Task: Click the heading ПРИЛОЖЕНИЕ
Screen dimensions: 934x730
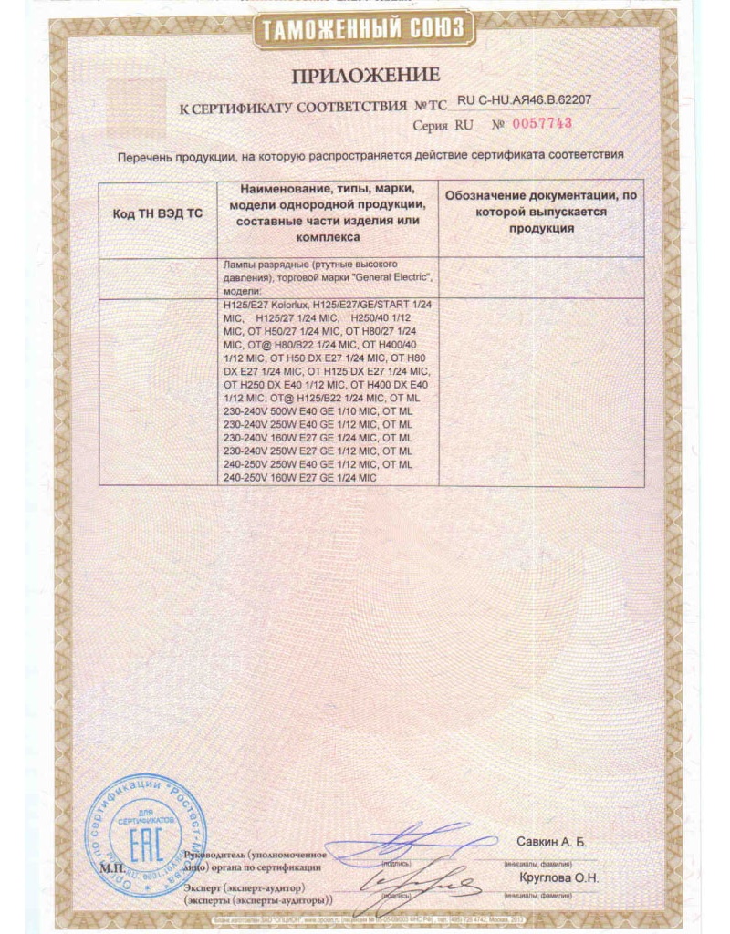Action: click(x=365, y=74)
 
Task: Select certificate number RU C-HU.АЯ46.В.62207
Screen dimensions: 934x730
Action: click(x=523, y=103)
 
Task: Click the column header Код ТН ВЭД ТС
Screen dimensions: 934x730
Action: click(x=157, y=213)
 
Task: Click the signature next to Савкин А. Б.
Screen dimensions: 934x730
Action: click(x=429, y=839)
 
